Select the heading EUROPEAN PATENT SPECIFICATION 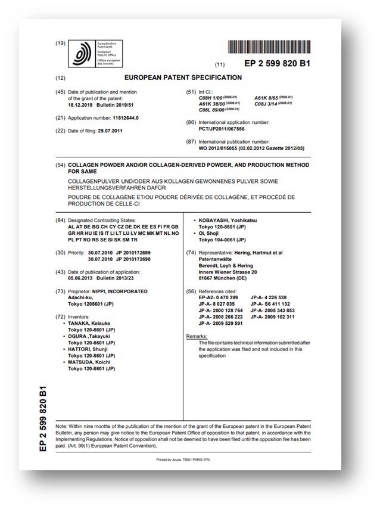pyautogui.click(x=183, y=77)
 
